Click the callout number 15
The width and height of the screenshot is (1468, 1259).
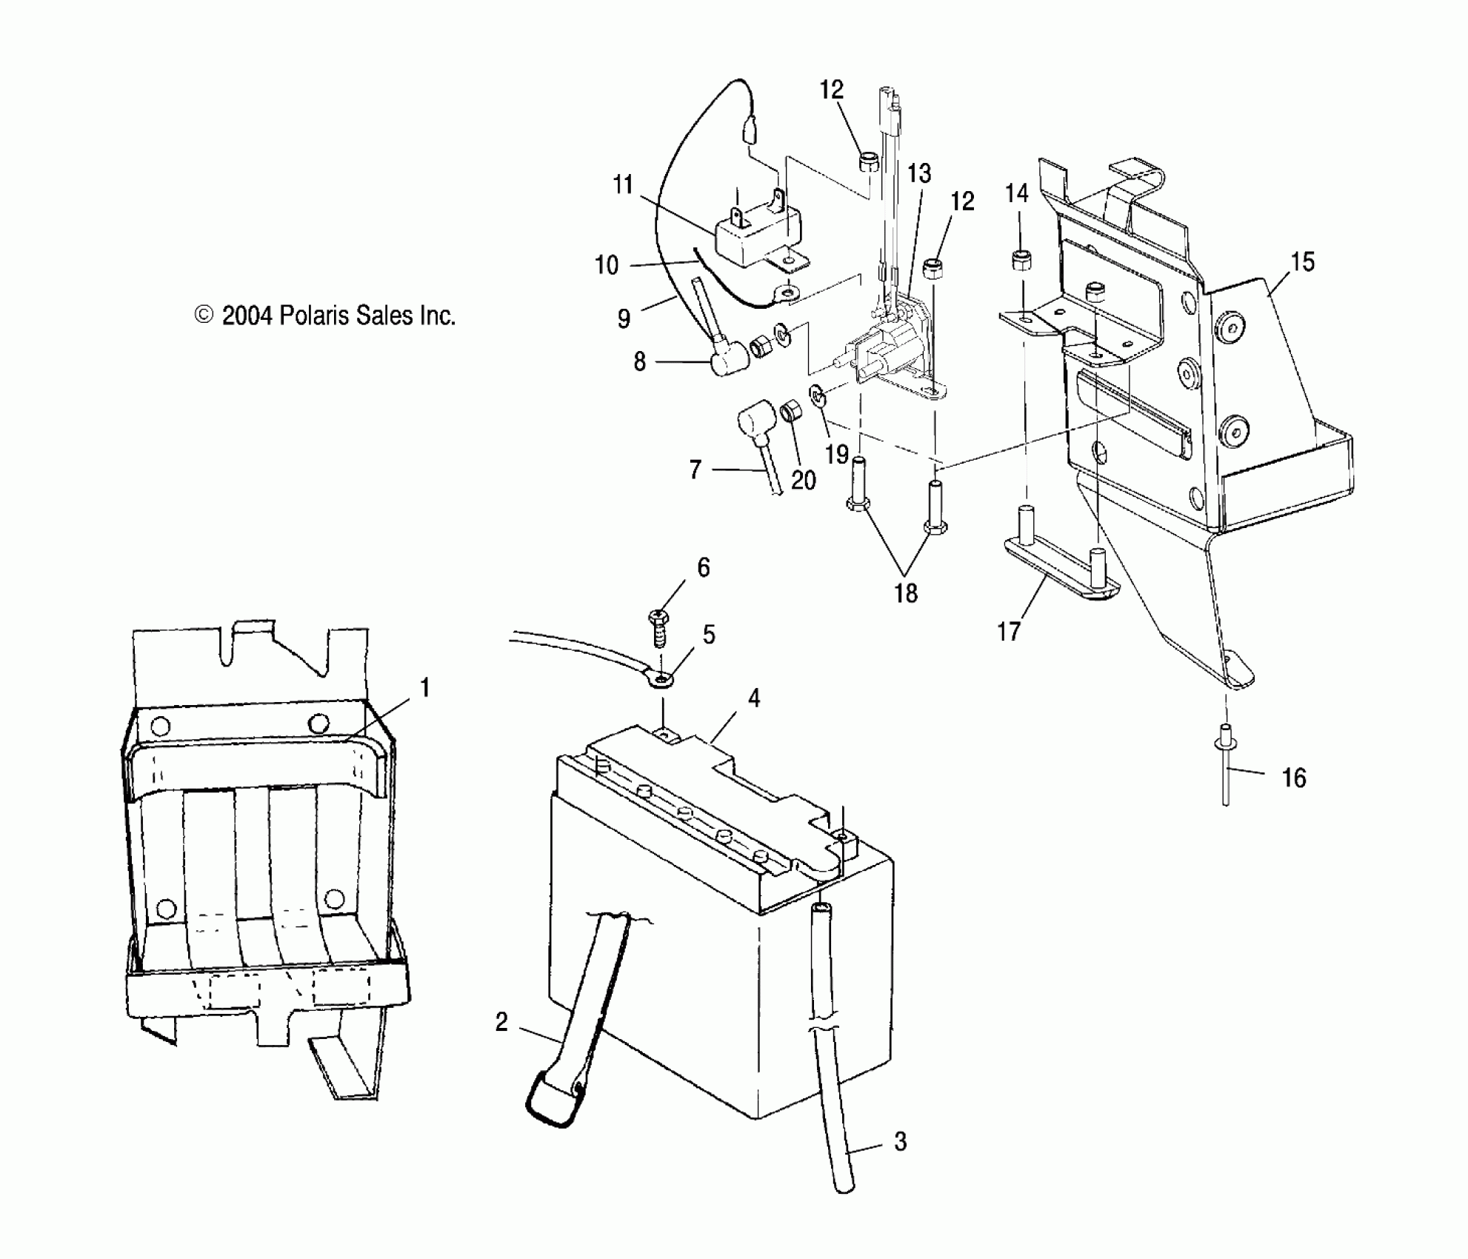pyautogui.click(x=1302, y=262)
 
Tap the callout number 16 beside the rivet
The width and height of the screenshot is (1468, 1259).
pyautogui.click(x=1293, y=778)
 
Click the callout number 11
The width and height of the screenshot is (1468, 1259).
pyautogui.click(x=623, y=184)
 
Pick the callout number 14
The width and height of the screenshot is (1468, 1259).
pyautogui.click(x=1016, y=193)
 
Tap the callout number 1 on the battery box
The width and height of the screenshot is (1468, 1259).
pyautogui.click(x=424, y=688)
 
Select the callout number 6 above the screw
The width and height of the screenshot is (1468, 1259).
pyautogui.click(x=703, y=567)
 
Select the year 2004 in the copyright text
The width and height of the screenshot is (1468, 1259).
pyautogui.click(x=247, y=316)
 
